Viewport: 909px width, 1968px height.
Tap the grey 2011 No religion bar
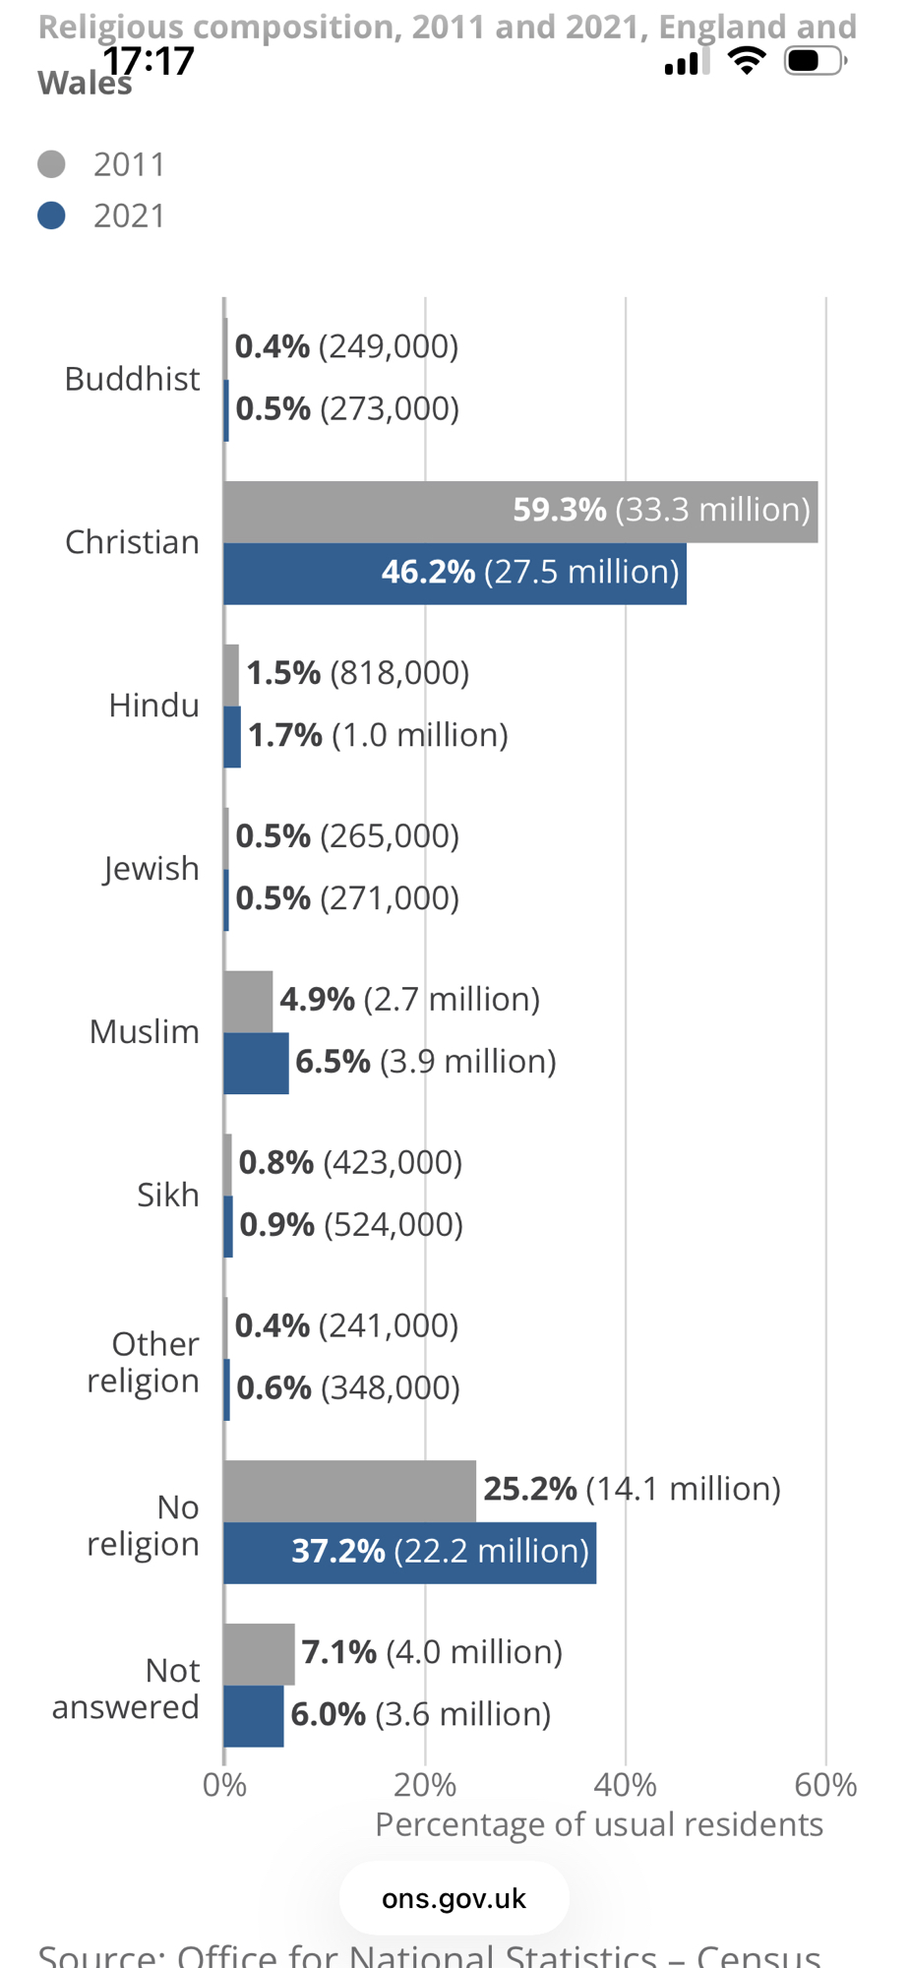[x=349, y=1491]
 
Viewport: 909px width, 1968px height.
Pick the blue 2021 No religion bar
[x=256, y=1553]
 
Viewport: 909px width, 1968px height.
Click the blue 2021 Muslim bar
[x=256, y=1063]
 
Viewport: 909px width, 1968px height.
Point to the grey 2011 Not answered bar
[x=259, y=1654]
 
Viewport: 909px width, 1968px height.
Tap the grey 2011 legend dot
[x=51, y=164]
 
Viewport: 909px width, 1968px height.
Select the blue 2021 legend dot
[x=51, y=215]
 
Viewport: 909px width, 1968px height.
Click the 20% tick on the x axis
[x=425, y=1785]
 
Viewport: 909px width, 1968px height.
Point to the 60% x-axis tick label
[x=825, y=1785]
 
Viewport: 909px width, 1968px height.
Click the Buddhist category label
[x=132, y=379]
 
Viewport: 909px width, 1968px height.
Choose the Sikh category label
[x=167, y=1195]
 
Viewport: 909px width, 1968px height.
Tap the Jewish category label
[x=151, y=869]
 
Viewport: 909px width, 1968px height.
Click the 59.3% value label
[x=560, y=510]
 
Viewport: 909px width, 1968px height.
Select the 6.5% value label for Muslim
[x=333, y=1062]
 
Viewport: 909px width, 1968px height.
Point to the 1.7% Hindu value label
[x=285, y=735]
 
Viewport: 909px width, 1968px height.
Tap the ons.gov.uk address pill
[x=454, y=1898]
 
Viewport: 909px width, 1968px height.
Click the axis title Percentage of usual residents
[x=598, y=1824]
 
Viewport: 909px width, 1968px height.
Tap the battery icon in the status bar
[x=814, y=61]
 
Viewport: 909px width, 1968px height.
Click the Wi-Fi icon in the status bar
[x=747, y=61]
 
